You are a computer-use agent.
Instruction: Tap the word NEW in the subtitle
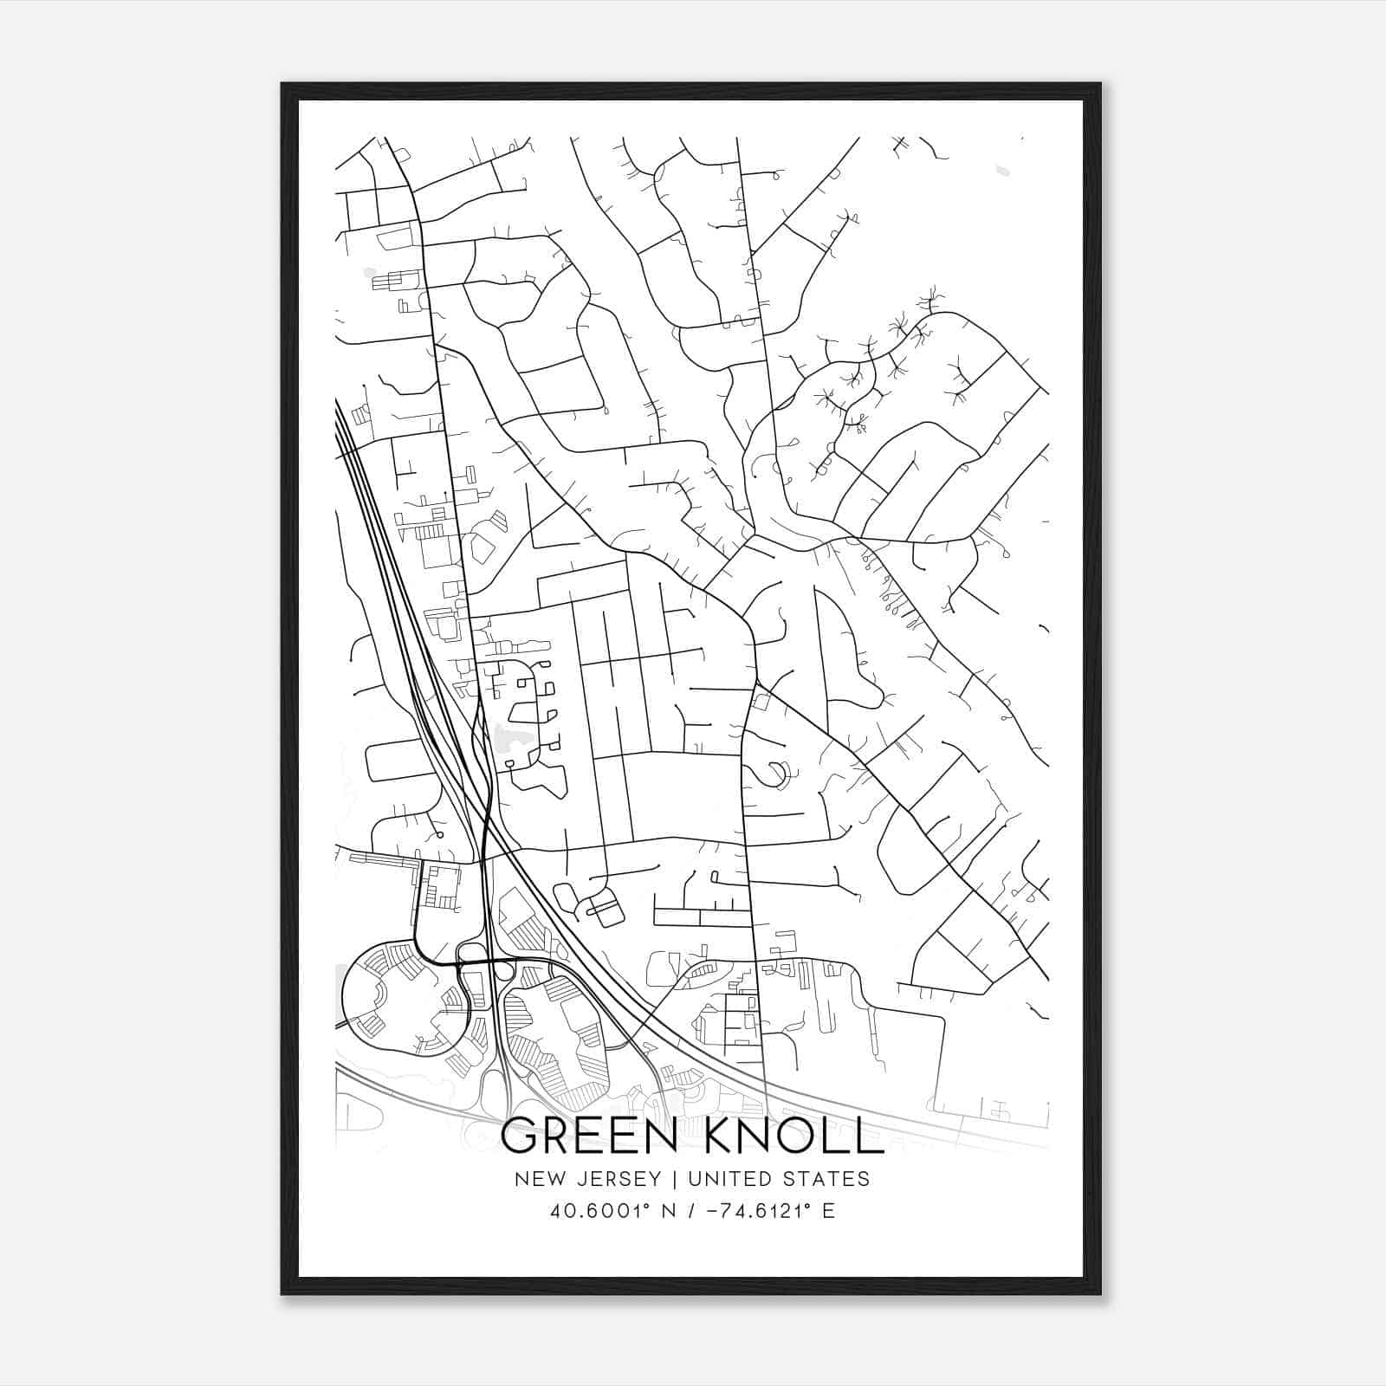pyautogui.click(x=533, y=1179)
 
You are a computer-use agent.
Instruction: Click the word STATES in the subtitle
pyautogui.click(x=826, y=1179)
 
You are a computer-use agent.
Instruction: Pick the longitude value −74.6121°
pyautogui.click(x=754, y=1211)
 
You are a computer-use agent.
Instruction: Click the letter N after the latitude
pyautogui.click(x=669, y=1211)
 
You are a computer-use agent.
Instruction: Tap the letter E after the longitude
pyautogui.click(x=829, y=1211)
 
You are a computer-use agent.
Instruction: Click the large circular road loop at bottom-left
pyautogui.click(x=406, y=998)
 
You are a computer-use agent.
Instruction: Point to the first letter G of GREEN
pyautogui.click(x=521, y=1136)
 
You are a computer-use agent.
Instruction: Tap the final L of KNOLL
pyautogui.click(x=869, y=1136)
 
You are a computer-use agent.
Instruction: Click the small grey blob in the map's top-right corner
pyautogui.click(x=1002, y=170)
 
